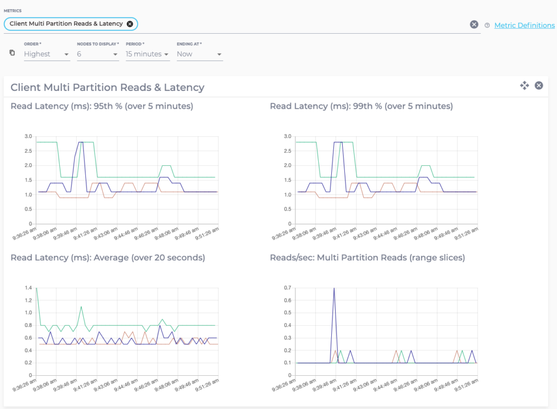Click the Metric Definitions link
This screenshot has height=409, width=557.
[524, 25]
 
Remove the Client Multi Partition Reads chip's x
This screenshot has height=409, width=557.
[129, 24]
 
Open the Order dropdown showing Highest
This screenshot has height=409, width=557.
[47, 54]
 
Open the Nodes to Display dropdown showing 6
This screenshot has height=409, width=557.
[97, 54]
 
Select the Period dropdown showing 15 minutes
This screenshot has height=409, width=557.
[147, 54]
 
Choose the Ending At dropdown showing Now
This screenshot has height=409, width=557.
[199, 54]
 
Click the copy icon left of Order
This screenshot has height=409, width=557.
[13, 53]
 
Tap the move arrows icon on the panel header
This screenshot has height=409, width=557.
[524, 85]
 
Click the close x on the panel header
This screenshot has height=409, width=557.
[539, 85]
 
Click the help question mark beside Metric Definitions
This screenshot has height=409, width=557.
[487, 25]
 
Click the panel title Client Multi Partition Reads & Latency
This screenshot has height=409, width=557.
[108, 87]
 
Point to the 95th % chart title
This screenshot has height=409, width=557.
[102, 106]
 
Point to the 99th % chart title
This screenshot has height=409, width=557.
[361, 106]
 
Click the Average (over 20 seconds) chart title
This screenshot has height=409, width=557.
[108, 257]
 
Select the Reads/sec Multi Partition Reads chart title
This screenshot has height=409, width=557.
[367, 257]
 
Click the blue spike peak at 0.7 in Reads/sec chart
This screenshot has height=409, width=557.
[333, 288]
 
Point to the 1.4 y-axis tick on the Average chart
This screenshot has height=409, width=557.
[28, 287]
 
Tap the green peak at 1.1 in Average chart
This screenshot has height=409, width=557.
[81, 307]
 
